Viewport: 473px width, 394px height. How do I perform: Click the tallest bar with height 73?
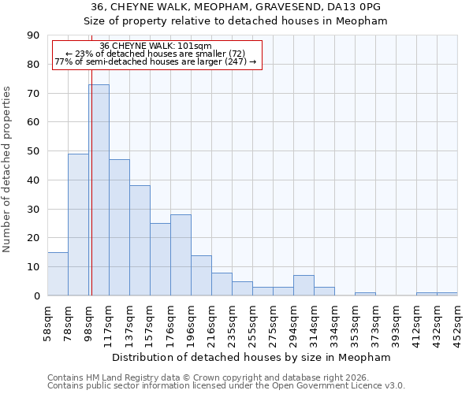(99, 190)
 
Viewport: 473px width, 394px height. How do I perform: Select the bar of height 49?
(78, 225)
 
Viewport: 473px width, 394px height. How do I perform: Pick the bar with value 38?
(140, 240)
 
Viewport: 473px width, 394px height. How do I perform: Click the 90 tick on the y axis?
(35, 35)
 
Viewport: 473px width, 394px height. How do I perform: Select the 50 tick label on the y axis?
(35, 151)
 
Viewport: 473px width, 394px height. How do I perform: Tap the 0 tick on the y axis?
(37, 295)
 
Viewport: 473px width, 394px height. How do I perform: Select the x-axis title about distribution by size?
(252, 357)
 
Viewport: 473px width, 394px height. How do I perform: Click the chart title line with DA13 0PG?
(236, 6)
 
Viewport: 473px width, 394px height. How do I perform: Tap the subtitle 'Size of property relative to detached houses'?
(236, 20)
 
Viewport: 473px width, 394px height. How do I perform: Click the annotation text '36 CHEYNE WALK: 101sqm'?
(156, 46)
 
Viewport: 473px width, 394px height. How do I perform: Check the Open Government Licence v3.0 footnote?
(226, 386)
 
